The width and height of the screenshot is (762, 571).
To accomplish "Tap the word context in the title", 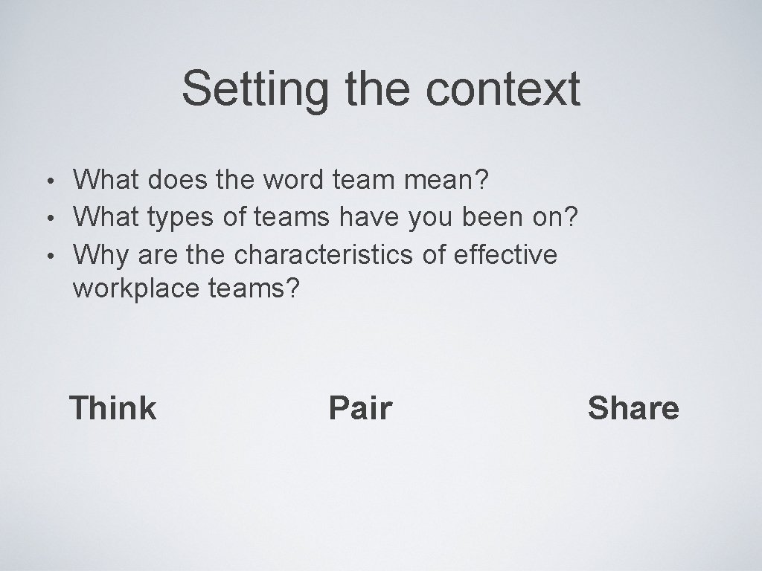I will [503, 89].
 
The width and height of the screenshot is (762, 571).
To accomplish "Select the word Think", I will [112, 408].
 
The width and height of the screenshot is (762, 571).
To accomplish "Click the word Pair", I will [360, 408].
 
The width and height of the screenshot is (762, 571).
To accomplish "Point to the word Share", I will [633, 408].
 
